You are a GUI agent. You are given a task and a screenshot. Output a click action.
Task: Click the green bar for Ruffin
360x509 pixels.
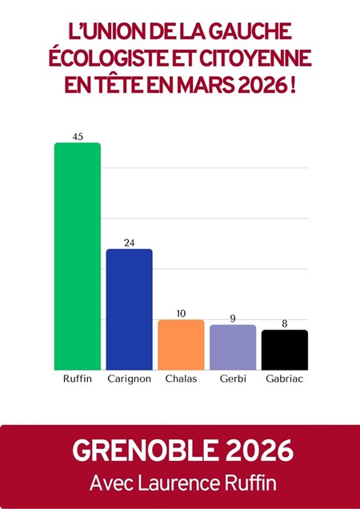pos(77,256)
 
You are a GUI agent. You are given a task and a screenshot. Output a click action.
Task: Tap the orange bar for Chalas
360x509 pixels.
pos(181,344)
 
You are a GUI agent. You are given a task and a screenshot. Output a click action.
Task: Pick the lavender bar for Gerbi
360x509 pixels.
pos(233,347)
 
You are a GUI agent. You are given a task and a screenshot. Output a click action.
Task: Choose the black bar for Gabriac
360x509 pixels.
pos(285,349)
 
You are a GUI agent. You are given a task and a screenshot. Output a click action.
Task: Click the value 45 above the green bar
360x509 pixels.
pos(78,136)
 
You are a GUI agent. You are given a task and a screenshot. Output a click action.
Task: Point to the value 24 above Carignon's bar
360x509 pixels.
pos(130,242)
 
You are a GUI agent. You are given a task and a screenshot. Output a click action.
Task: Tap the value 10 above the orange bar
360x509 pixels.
pos(181,313)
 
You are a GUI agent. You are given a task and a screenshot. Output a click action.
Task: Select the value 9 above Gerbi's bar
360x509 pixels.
pos(233,319)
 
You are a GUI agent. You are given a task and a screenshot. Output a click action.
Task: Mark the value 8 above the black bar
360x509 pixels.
pos(285,323)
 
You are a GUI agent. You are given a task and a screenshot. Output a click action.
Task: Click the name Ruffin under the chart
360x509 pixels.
pos(77,379)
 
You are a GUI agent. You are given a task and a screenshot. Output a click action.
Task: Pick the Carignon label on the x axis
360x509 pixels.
pos(130,379)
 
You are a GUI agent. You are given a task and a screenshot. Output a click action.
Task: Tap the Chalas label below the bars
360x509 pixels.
pos(181,379)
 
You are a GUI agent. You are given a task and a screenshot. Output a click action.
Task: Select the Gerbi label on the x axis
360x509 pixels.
pos(233,379)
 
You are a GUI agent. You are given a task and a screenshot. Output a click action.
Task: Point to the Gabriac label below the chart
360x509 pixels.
pos(285,379)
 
